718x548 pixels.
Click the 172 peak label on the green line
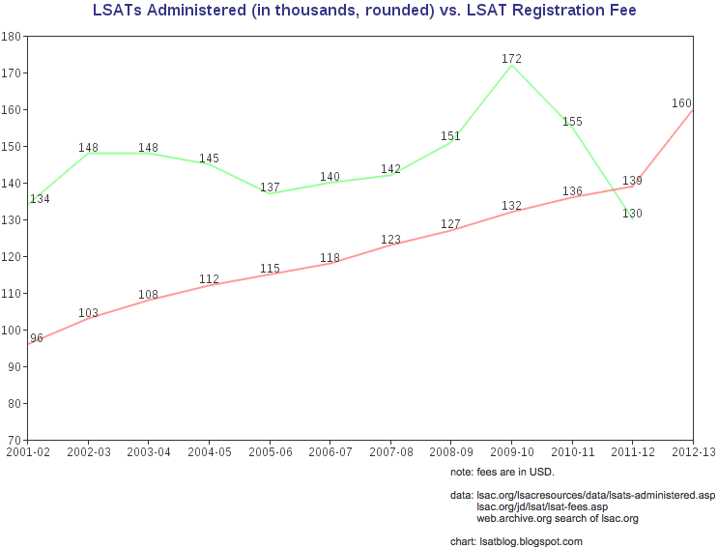(512, 59)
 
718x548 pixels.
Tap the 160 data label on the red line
(681, 103)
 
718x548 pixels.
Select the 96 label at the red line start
(37, 338)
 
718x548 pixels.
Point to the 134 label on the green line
(40, 199)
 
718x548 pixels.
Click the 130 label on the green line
(632, 214)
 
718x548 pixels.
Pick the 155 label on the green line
(572, 122)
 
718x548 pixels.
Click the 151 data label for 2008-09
(450, 136)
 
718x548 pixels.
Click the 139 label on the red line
(632, 181)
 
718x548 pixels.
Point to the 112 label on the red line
(210, 279)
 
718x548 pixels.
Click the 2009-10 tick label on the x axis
(512, 451)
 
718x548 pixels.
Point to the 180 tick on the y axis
(13, 36)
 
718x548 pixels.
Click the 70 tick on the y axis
(15, 440)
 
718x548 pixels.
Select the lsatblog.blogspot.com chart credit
(516, 541)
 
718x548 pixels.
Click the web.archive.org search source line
(558, 518)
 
